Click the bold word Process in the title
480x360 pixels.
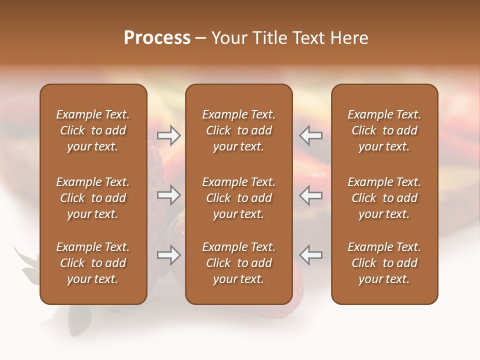coord(157,37)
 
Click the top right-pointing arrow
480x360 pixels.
coord(168,135)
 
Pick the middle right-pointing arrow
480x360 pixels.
coord(168,195)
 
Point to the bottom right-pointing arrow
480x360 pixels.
coord(168,255)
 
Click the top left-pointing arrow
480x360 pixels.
coord(310,135)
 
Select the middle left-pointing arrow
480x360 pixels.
coord(310,195)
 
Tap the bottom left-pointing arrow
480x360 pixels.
coord(310,255)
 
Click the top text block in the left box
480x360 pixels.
coord(93,130)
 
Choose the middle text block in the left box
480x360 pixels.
coord(93,198)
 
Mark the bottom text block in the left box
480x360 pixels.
coord(93,263)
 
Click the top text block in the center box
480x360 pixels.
coord(238,130)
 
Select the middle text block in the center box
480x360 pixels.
coord(238,198)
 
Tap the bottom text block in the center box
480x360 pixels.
coord(238,263)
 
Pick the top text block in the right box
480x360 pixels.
coord(384,130)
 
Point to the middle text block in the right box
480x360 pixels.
coord(384,198)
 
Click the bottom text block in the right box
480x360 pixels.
coord(384,263)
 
